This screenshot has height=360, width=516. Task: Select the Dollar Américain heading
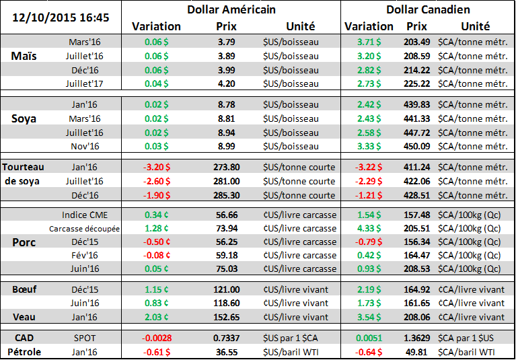pyautogui.click(x=231, y=9)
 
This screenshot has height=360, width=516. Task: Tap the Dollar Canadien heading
pyautogui.click(x=428, y=9)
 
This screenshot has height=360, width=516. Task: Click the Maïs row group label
pyautogui.click(x=24, y=57)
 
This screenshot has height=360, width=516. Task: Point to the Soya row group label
pyautogui.click(x=25, y=118)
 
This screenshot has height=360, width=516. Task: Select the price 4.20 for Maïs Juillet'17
pyautogui.click(x=226, y=84)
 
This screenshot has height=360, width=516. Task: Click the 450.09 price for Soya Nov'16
pyautogui.click(x=416, y=146)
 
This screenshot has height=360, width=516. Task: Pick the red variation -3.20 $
pyautogui.click(x=156, y=167)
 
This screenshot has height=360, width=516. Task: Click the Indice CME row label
pyautogui.click(x=83, y=215)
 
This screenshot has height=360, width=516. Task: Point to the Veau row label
pyautogui.click(x=25, y=317)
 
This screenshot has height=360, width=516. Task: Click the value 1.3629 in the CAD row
pyautogui.click(x=416, y=336)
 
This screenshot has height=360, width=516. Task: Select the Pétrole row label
pyautogui.click(x=25, y=351)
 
